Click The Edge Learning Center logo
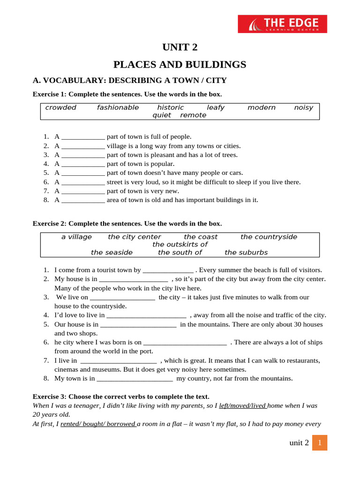[x=282, y=24]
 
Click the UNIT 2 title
[x=180, y=47]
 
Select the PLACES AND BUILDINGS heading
[x=180, y=64]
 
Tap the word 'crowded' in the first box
[x=61, y=107]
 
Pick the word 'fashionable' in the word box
[x=118, y=107]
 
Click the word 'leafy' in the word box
[x=216, y=107]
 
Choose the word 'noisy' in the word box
[x=303, y=107]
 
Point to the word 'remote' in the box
[x=193, y=115]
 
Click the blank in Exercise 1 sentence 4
[x=83, y=164]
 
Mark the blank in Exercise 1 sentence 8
[x=83, y=200]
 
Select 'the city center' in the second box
[x=134, y=237]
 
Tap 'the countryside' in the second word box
[x=269, y=237]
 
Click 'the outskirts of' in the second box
[x=180, y=245]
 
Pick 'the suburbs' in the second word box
[x=246, y=252]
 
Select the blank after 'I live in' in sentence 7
[x=119, y=360]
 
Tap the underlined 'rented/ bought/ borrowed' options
[x=98, y=424]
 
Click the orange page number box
[x=319, y=442]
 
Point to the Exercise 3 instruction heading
[x=121, y=397]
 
